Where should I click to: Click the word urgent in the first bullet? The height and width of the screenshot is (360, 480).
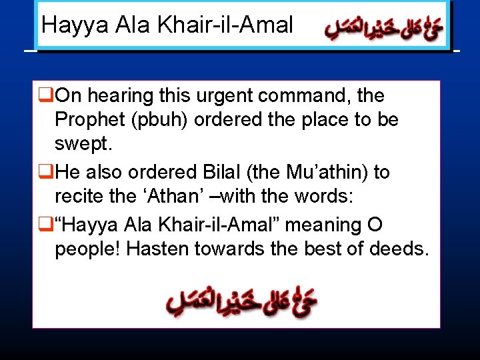point(225,96)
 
